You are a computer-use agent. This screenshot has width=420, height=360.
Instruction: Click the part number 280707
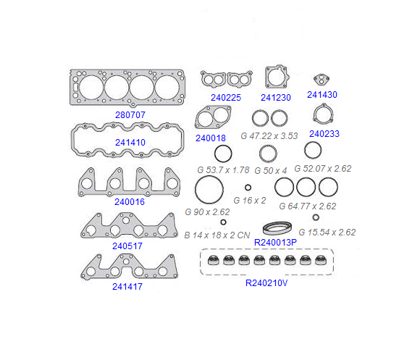tap(130, 115)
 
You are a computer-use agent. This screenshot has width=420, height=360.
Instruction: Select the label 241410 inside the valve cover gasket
tap(130, 143)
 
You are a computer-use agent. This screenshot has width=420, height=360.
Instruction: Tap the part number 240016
tap(130, 201)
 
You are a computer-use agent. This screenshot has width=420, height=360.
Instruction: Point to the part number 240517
tap(127, 246)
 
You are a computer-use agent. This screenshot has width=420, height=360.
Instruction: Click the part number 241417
tap(127, 287)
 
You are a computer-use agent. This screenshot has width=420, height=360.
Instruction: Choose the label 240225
tap(226, 98)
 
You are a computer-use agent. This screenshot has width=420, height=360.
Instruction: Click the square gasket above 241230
tap(277, 77)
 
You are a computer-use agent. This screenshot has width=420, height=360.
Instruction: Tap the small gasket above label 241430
tap(322, 79)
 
